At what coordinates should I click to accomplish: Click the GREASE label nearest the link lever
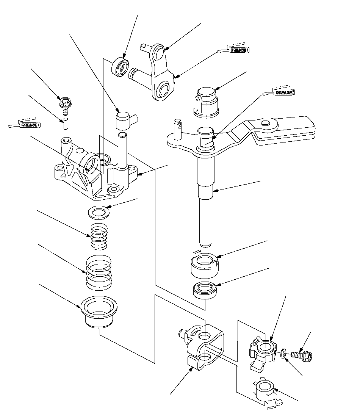pyautogui.click(x=238, y=50)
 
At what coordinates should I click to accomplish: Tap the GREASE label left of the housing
pyautogui.click(x=29, y=124)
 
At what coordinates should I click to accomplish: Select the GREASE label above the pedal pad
pyautogui.click(x=283, y=92)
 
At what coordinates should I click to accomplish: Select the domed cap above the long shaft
pyautogui.click(x=207, y=101)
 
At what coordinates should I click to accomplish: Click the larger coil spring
pyautogui.click(x=100, y=271)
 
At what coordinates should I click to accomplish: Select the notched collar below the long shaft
pyautogui.click(x=205, y=266)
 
